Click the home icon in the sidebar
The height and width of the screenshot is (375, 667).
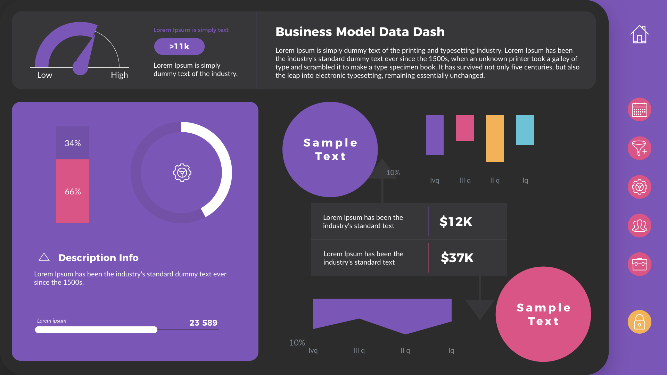[x=639, y=34]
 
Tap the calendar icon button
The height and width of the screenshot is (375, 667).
[x=639, y=110]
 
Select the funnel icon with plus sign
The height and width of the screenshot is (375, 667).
[x=639, y=148]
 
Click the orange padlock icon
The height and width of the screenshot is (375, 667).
[x=639, y=322]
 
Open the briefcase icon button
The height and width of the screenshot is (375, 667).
[x=639, y=264]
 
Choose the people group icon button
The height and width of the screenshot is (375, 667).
[x=639, y=226]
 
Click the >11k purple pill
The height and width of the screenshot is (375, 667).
[x=179, y=47]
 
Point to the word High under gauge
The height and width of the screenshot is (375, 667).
[x=119, y=75]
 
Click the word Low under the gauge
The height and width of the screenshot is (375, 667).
[x=44, y=75]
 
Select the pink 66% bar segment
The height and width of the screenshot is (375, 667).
[x=73, y=191]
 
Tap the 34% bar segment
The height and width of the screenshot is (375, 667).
[x=73, y=143]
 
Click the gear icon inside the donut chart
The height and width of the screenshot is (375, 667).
[x=182, y=173]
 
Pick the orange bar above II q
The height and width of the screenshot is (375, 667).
[x=495, y=139]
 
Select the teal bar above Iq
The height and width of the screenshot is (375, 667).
[x=525, y=130]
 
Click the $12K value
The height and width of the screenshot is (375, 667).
[x=456, y=222]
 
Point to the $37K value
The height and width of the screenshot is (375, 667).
[x=457, y=258]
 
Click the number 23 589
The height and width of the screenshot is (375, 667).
[x=203, y=323]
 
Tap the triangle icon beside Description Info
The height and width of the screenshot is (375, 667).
[x=44, y=257]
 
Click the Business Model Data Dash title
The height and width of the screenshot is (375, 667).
[x=360, y=32]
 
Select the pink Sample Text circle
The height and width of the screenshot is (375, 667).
[x=543, y=314]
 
